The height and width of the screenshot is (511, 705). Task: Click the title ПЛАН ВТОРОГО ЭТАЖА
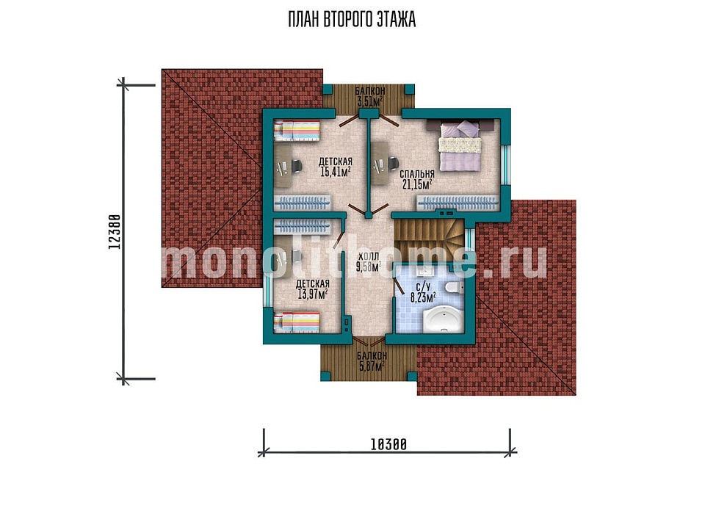352,20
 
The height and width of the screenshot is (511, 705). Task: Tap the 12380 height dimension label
115,232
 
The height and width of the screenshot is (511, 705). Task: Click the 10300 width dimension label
388,444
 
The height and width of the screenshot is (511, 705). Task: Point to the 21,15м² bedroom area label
417,184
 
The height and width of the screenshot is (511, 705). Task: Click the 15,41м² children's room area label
336,172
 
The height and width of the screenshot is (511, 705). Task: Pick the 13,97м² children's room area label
313,294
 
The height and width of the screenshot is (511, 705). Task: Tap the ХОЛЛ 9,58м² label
368,262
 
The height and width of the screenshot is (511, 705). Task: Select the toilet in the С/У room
454,288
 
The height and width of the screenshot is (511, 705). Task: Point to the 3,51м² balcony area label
369,101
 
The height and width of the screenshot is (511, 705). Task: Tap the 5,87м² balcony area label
372,366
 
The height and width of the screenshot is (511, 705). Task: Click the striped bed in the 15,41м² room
297,131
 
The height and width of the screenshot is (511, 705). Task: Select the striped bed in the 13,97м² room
297,323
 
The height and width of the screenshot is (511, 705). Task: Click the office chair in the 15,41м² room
296,166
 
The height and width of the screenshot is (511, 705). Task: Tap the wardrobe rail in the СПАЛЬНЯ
458,203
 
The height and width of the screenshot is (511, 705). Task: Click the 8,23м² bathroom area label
423,297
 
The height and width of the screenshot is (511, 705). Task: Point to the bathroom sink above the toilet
425,270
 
